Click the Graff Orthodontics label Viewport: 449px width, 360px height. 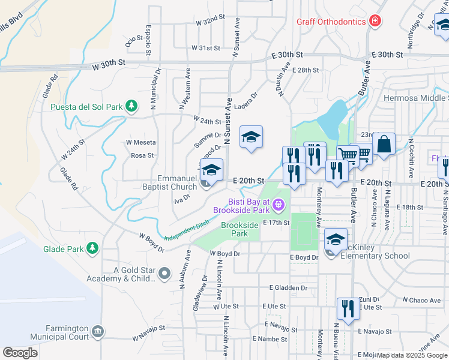[x=331, y=22]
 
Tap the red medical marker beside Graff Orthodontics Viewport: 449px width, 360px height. [x=375, y=22]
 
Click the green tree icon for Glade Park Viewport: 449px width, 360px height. [x=92, y=248]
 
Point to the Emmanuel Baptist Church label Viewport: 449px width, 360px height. [x=177, y=183]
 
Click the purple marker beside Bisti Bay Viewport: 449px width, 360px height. [x=278, y=206]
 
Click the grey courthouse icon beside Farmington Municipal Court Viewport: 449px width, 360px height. [x=97, y=331]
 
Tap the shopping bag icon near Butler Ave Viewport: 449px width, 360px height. [x=384, y=144]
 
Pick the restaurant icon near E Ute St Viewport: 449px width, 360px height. [x=348, y=308]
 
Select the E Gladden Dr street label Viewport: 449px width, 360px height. [x=288, y=288]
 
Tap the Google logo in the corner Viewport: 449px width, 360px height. [x=20, y=353]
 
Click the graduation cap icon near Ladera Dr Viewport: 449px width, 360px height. [x=252, y=137]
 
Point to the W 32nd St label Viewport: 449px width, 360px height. [x=210, y=21]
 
